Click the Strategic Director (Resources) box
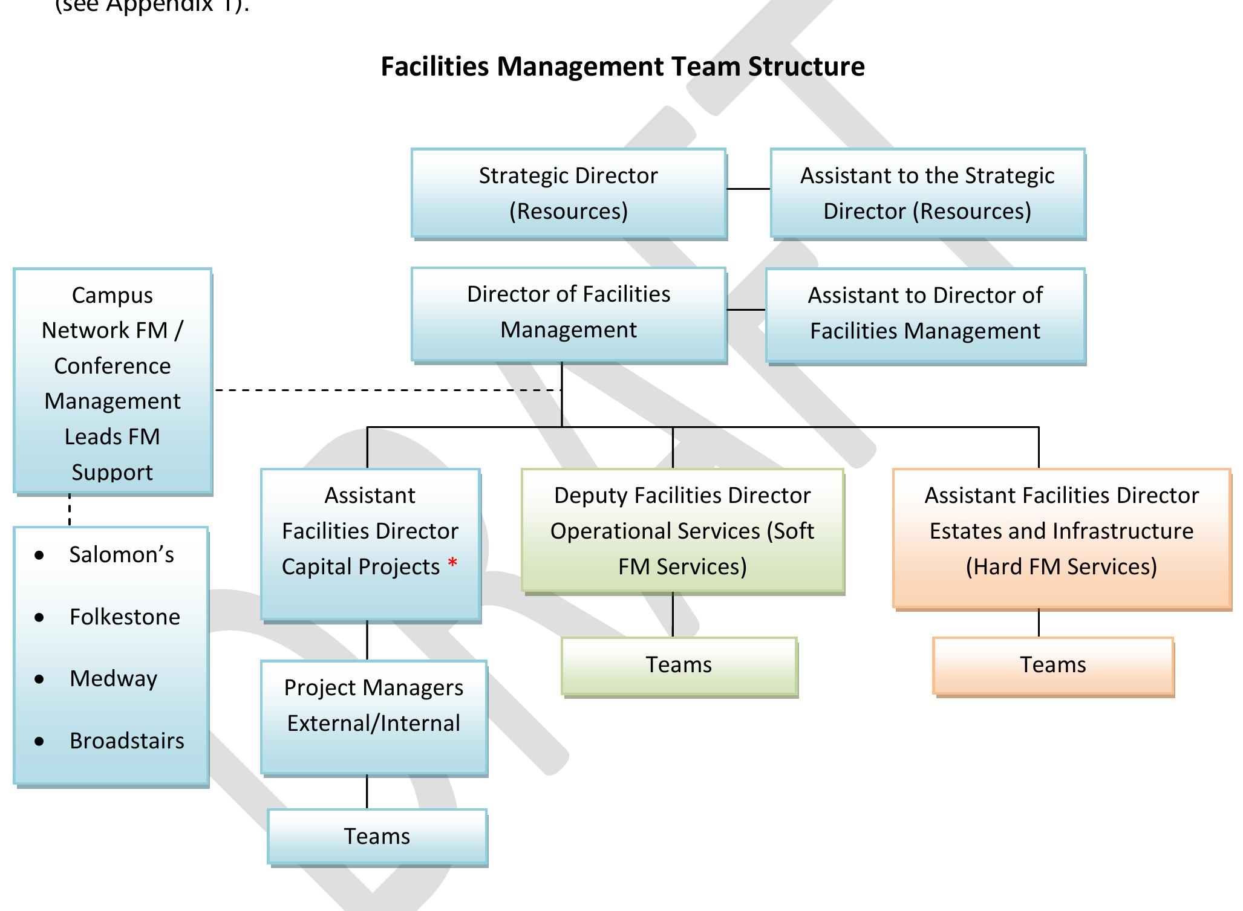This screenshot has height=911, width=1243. point(568,193)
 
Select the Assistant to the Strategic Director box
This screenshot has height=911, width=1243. point(927,193)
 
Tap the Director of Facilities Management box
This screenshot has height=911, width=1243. point(568,313)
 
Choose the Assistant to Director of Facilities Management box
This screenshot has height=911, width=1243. point(925,314)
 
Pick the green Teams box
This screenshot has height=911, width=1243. point(679,665)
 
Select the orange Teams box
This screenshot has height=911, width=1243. point(1052,665)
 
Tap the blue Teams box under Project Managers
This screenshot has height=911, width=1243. point(377,837)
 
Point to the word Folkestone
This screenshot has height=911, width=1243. point(125,617)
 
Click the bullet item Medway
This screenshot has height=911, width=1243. point(113,679)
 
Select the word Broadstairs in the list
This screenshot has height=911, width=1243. point(126,741)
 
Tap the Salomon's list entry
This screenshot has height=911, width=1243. point(121,555)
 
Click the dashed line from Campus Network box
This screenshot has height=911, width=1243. point(387,390)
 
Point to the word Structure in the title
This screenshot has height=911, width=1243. point(806,66)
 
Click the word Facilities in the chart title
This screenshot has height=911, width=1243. point(434,66)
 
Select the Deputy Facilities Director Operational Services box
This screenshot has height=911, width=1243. point(682,530)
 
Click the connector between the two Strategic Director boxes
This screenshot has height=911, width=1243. point(748,189)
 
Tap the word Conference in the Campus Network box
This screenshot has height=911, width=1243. point(113,366)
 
